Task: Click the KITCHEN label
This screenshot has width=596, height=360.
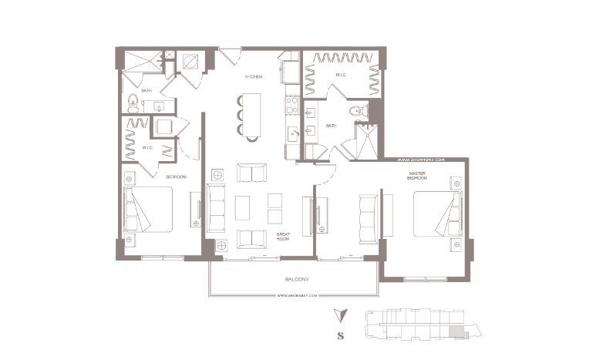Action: coord(254,78)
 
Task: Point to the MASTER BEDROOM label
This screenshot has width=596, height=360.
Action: coord(418,177)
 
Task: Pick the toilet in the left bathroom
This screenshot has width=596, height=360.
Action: coord(133,99)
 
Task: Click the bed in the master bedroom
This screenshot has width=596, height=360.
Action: coord(433,214)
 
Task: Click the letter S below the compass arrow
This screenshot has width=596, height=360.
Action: coord(340,335)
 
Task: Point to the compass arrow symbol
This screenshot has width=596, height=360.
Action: coord(339,315)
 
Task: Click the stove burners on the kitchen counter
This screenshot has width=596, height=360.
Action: coord(291,101)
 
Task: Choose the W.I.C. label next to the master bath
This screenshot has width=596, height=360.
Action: coord(341,75)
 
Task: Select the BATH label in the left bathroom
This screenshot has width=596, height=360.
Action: coord(146,91)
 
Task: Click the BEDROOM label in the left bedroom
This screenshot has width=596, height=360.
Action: coord(177,177)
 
